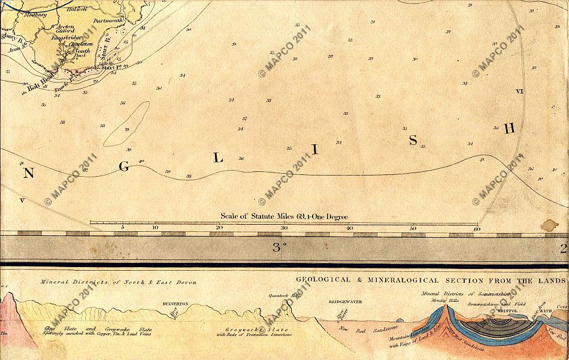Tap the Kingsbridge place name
(x=66, y=37)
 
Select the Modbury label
(x=28, y=9)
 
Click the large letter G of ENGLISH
(x=124, y=167)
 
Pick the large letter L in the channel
(x=219, y=159)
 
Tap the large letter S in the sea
(x=412, y=140)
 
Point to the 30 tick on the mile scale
(x=284, y=228)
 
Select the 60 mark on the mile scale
(x=477, y=228)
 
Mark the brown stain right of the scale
(x=548, y=225)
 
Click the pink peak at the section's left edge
(x=7, y=311)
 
